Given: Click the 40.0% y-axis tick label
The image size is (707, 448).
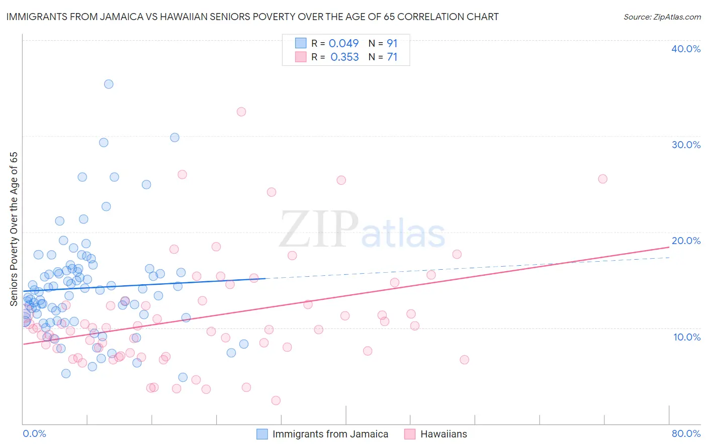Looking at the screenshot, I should (686, 49).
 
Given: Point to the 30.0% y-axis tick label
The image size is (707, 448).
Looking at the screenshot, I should (686, 145).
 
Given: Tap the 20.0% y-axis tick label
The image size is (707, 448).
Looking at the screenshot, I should (686, 241).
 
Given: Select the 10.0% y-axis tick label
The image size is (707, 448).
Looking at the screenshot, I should (686, 337).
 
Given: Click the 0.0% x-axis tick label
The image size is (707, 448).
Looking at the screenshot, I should (34, 433).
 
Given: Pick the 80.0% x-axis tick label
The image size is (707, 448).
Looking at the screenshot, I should (686, 433).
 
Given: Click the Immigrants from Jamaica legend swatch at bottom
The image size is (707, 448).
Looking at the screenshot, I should (262, 434).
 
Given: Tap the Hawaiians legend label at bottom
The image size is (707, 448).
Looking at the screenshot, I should (444, 434).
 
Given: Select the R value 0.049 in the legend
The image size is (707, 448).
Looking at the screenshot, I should (343, 44).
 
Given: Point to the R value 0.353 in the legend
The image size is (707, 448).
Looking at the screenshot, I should (344, 57).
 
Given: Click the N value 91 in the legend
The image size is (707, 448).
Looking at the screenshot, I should (392, 44).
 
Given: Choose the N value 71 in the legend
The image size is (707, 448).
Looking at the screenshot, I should (392, 57).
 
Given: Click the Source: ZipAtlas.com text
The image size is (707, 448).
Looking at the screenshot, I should (662, 17).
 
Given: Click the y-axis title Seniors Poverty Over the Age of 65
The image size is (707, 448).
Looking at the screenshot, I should (14, 229).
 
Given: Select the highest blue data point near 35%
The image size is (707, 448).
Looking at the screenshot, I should (109, 84).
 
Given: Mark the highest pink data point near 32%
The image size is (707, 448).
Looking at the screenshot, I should (241, 111).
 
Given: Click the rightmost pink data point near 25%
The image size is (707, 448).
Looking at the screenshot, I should (602, 179).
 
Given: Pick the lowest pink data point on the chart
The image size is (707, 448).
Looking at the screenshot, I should (276, 400).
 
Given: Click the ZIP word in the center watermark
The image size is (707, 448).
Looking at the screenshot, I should (319, 230).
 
